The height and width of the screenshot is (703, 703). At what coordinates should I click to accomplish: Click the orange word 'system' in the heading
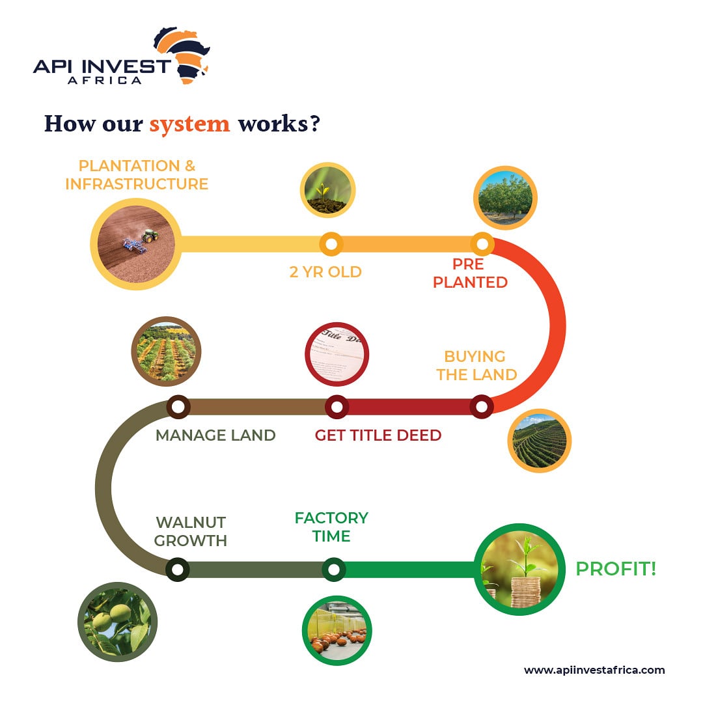click(189, 124)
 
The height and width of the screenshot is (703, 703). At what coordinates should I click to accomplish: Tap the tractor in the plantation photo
click(150, 236)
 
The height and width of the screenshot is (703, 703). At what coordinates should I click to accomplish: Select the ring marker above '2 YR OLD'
click(331, 244)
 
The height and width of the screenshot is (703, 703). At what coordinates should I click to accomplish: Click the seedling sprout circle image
click(327, 190)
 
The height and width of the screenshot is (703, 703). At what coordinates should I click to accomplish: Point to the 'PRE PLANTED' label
click(470, 273)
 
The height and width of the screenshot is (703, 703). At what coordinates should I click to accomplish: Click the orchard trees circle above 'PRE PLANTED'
click(505, 198)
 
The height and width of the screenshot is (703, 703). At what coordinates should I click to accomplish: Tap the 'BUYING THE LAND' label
click(476, 365)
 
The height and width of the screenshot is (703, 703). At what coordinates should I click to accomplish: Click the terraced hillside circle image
click(540, 441)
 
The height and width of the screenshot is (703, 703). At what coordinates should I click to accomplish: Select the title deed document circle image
click(337, 354)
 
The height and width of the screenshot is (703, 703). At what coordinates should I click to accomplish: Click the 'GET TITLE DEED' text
click(378, 435)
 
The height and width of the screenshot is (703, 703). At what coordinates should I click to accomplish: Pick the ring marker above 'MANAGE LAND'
click(178, 407)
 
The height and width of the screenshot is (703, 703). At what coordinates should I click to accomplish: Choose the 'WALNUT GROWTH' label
click(191, 531)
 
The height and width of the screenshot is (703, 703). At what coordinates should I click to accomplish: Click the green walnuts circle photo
click(117, 622)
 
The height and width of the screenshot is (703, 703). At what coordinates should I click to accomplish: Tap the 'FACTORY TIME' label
click(331, 527)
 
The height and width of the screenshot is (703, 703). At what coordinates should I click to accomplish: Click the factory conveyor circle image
click(337, 630)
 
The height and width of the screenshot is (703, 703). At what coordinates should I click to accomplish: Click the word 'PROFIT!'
click(616, 568)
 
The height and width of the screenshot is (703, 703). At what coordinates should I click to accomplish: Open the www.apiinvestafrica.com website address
click(594, 670)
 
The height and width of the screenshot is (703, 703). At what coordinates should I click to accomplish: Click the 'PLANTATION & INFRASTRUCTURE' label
click(137, 175)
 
